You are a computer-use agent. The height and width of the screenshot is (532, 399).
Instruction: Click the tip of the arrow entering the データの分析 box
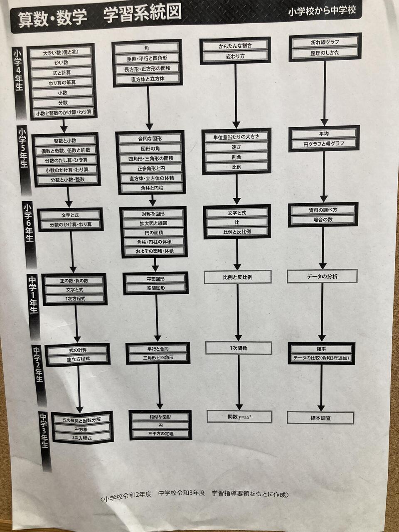323,269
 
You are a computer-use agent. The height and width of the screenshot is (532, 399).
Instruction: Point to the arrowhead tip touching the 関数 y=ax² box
239,410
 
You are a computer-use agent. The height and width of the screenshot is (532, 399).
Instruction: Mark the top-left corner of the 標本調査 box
287,412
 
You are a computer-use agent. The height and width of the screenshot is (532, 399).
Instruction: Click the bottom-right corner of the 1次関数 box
272,355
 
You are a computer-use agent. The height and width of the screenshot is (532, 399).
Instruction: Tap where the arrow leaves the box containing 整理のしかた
325,61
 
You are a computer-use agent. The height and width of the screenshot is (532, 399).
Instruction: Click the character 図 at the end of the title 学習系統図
173,12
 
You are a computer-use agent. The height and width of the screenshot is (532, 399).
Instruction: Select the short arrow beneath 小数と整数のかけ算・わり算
64,126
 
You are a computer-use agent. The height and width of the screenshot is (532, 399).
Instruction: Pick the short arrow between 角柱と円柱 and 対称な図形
153,200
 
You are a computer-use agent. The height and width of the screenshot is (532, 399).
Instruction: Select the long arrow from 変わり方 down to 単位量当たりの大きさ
236,96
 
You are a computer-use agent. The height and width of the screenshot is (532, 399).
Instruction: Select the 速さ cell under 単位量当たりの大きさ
236,147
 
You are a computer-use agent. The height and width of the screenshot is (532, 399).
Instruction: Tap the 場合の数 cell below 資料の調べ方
323,219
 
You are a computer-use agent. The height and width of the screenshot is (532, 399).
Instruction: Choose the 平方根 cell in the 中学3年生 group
81,429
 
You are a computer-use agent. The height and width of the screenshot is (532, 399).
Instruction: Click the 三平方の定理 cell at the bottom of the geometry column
161,433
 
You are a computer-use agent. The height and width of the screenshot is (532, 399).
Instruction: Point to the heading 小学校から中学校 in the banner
322,11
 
